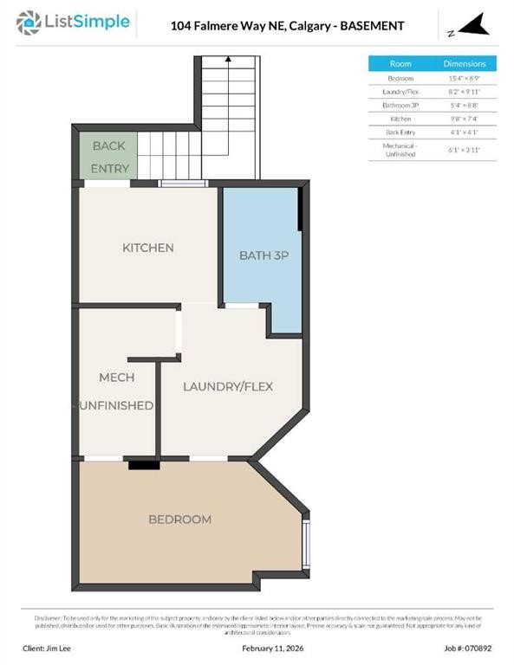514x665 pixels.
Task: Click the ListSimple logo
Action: pyautogui.click(x=74, y=23)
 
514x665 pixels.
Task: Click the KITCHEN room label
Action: pyautogui.click(x=147, y=249)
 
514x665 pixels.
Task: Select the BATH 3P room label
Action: pyautogui.click(x=260, y=255)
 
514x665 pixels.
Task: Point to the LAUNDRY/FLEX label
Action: pyautogui.click(x=228, y=386)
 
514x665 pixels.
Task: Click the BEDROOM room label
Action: pyautogui.click(x=179, y=520)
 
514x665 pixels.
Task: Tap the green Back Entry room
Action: pyautogui.click(x=105, y=156)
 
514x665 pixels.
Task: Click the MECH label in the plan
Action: pyautogui.click(x=116, y=378)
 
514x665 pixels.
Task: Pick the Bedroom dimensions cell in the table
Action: pyautogui.click(x=465, y=78)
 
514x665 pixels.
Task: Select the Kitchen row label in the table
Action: pyautogui.click(x=400, y=119)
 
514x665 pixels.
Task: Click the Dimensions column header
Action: pyautogui.click(x=465, y=64)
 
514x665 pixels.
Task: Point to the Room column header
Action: pyautogui.click(x=400, y=64)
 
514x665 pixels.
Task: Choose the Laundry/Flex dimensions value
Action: pyautogui.click(x=465, y=92)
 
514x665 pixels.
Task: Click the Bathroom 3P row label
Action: pyautogui.click(x=400, y=105)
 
